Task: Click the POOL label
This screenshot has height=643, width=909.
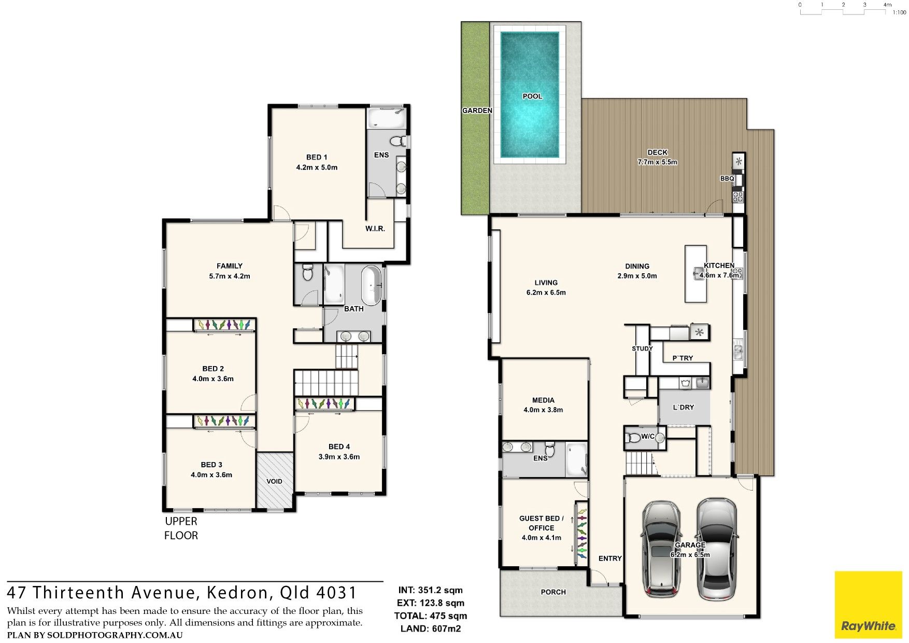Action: point(532,96)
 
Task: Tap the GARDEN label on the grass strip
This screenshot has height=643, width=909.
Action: point(477,110)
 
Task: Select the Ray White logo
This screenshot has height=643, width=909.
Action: point(868,605)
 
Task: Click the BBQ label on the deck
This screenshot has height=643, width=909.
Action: point(727,178)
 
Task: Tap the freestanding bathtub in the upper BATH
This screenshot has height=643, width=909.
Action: point(371,286)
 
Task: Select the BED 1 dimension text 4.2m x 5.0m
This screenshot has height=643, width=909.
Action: point(317,167)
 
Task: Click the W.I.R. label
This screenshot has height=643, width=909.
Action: point(375,229)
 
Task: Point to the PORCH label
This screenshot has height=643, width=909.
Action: point(553,592)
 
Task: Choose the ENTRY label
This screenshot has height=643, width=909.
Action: point(610,558)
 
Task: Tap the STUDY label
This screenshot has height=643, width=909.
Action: point(642,348)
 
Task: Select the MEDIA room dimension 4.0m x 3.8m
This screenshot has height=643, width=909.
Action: point(543,410)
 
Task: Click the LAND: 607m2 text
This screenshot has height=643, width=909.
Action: point(431,629)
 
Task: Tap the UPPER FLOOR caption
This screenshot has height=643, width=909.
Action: point(181,528)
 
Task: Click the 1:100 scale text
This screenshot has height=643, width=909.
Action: point(900,12)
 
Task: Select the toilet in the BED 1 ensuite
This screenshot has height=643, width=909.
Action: point(398,141)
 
